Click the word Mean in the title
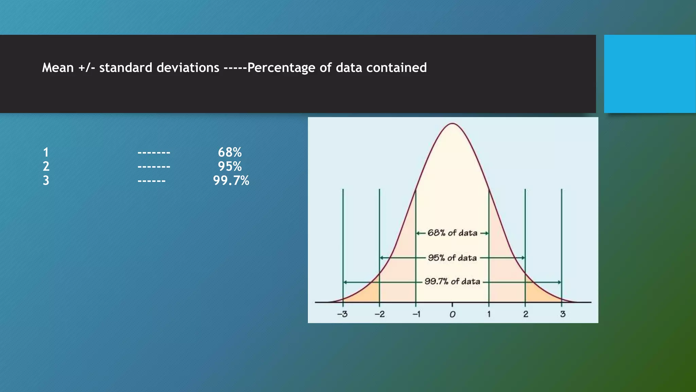click(58, 68)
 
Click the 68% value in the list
click(230, 152)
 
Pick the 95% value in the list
click(230, 166)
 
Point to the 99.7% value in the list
click(231, 180)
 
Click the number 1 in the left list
click(46, 152)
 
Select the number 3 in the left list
click(46, 180)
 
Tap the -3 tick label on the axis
click(342, 314)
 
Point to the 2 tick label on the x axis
click(526, 314)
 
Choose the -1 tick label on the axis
click(416, 314)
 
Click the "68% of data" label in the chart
click(452, 233)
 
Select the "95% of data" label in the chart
click(452, 258)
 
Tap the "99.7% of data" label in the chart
click(452, 282)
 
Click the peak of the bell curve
click(452, 124)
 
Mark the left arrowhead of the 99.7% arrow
click(345, 282)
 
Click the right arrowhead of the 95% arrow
click(523, 258)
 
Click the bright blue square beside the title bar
click(650, 74)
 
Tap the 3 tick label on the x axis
click(563, 314)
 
